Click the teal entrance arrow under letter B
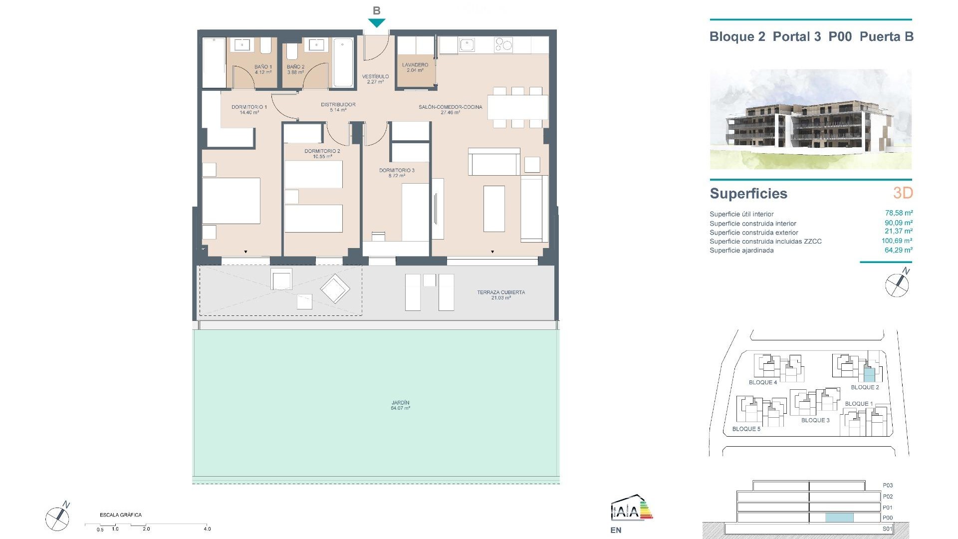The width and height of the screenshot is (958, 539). (x=377, y=22)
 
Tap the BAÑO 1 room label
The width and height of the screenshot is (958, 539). (x=263, y=69)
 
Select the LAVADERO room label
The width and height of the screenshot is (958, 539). (x=415, y=67)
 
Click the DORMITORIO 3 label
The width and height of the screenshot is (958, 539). (x=397, y=173)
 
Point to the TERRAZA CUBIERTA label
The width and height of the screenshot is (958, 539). (x=501, y=294)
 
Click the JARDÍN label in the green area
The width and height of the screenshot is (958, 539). (x=400, y=405)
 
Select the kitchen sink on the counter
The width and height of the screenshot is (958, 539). (x=468, y=46)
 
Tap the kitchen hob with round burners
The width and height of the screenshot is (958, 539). (x=503, y=45)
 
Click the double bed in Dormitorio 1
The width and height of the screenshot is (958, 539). (x=231, y=201)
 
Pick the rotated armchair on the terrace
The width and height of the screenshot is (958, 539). (x=335, y=288)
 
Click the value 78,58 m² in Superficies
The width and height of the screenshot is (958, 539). (x=898, y=213)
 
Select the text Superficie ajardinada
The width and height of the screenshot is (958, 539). (x=741, y=251)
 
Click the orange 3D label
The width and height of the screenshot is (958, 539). (x=903, y=193)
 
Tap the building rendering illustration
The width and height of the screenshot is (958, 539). (x=810, y=119)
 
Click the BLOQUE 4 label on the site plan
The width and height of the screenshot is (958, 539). (x=762, y=382)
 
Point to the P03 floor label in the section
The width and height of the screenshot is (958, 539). (x=888, y=485)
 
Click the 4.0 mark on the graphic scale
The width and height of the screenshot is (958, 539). (x=207, y=529)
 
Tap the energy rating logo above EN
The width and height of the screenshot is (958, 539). (x=632, y=508)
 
